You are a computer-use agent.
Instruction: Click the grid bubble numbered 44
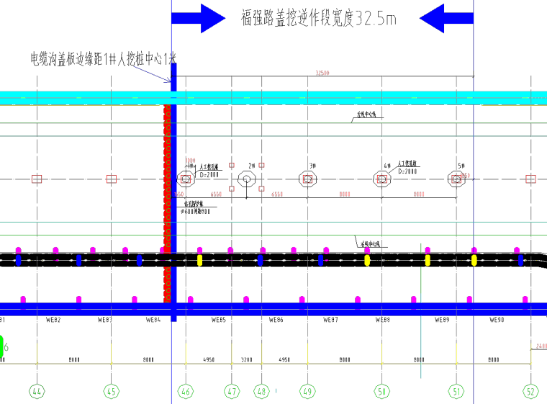click(37, 391)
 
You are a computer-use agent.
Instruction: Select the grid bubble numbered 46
click(186, 391)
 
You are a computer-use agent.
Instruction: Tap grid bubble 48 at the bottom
click(262, 391)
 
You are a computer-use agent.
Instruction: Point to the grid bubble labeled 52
click(530, 391)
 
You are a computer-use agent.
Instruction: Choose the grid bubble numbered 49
click(308, 391)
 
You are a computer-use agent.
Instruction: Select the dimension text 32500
click(322, 73)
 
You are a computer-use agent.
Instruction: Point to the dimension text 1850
click(465, 175)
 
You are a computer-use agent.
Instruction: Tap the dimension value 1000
click(191, 161)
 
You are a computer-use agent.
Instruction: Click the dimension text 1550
click(178, 194)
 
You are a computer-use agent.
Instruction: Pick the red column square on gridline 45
click(112, 179)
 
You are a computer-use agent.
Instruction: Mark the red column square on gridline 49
click(308, 179)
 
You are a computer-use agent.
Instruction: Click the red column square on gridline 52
click(530, 179)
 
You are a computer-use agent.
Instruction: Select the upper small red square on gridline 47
click(232, 165)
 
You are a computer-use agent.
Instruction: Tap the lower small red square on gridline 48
click(262, 189)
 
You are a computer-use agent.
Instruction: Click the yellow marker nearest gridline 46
click(199, 260)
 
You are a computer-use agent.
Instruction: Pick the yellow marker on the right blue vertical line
click(474, 260)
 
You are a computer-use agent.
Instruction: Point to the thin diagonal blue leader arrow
click(153, 74)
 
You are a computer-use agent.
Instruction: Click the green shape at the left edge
click(1, 346)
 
